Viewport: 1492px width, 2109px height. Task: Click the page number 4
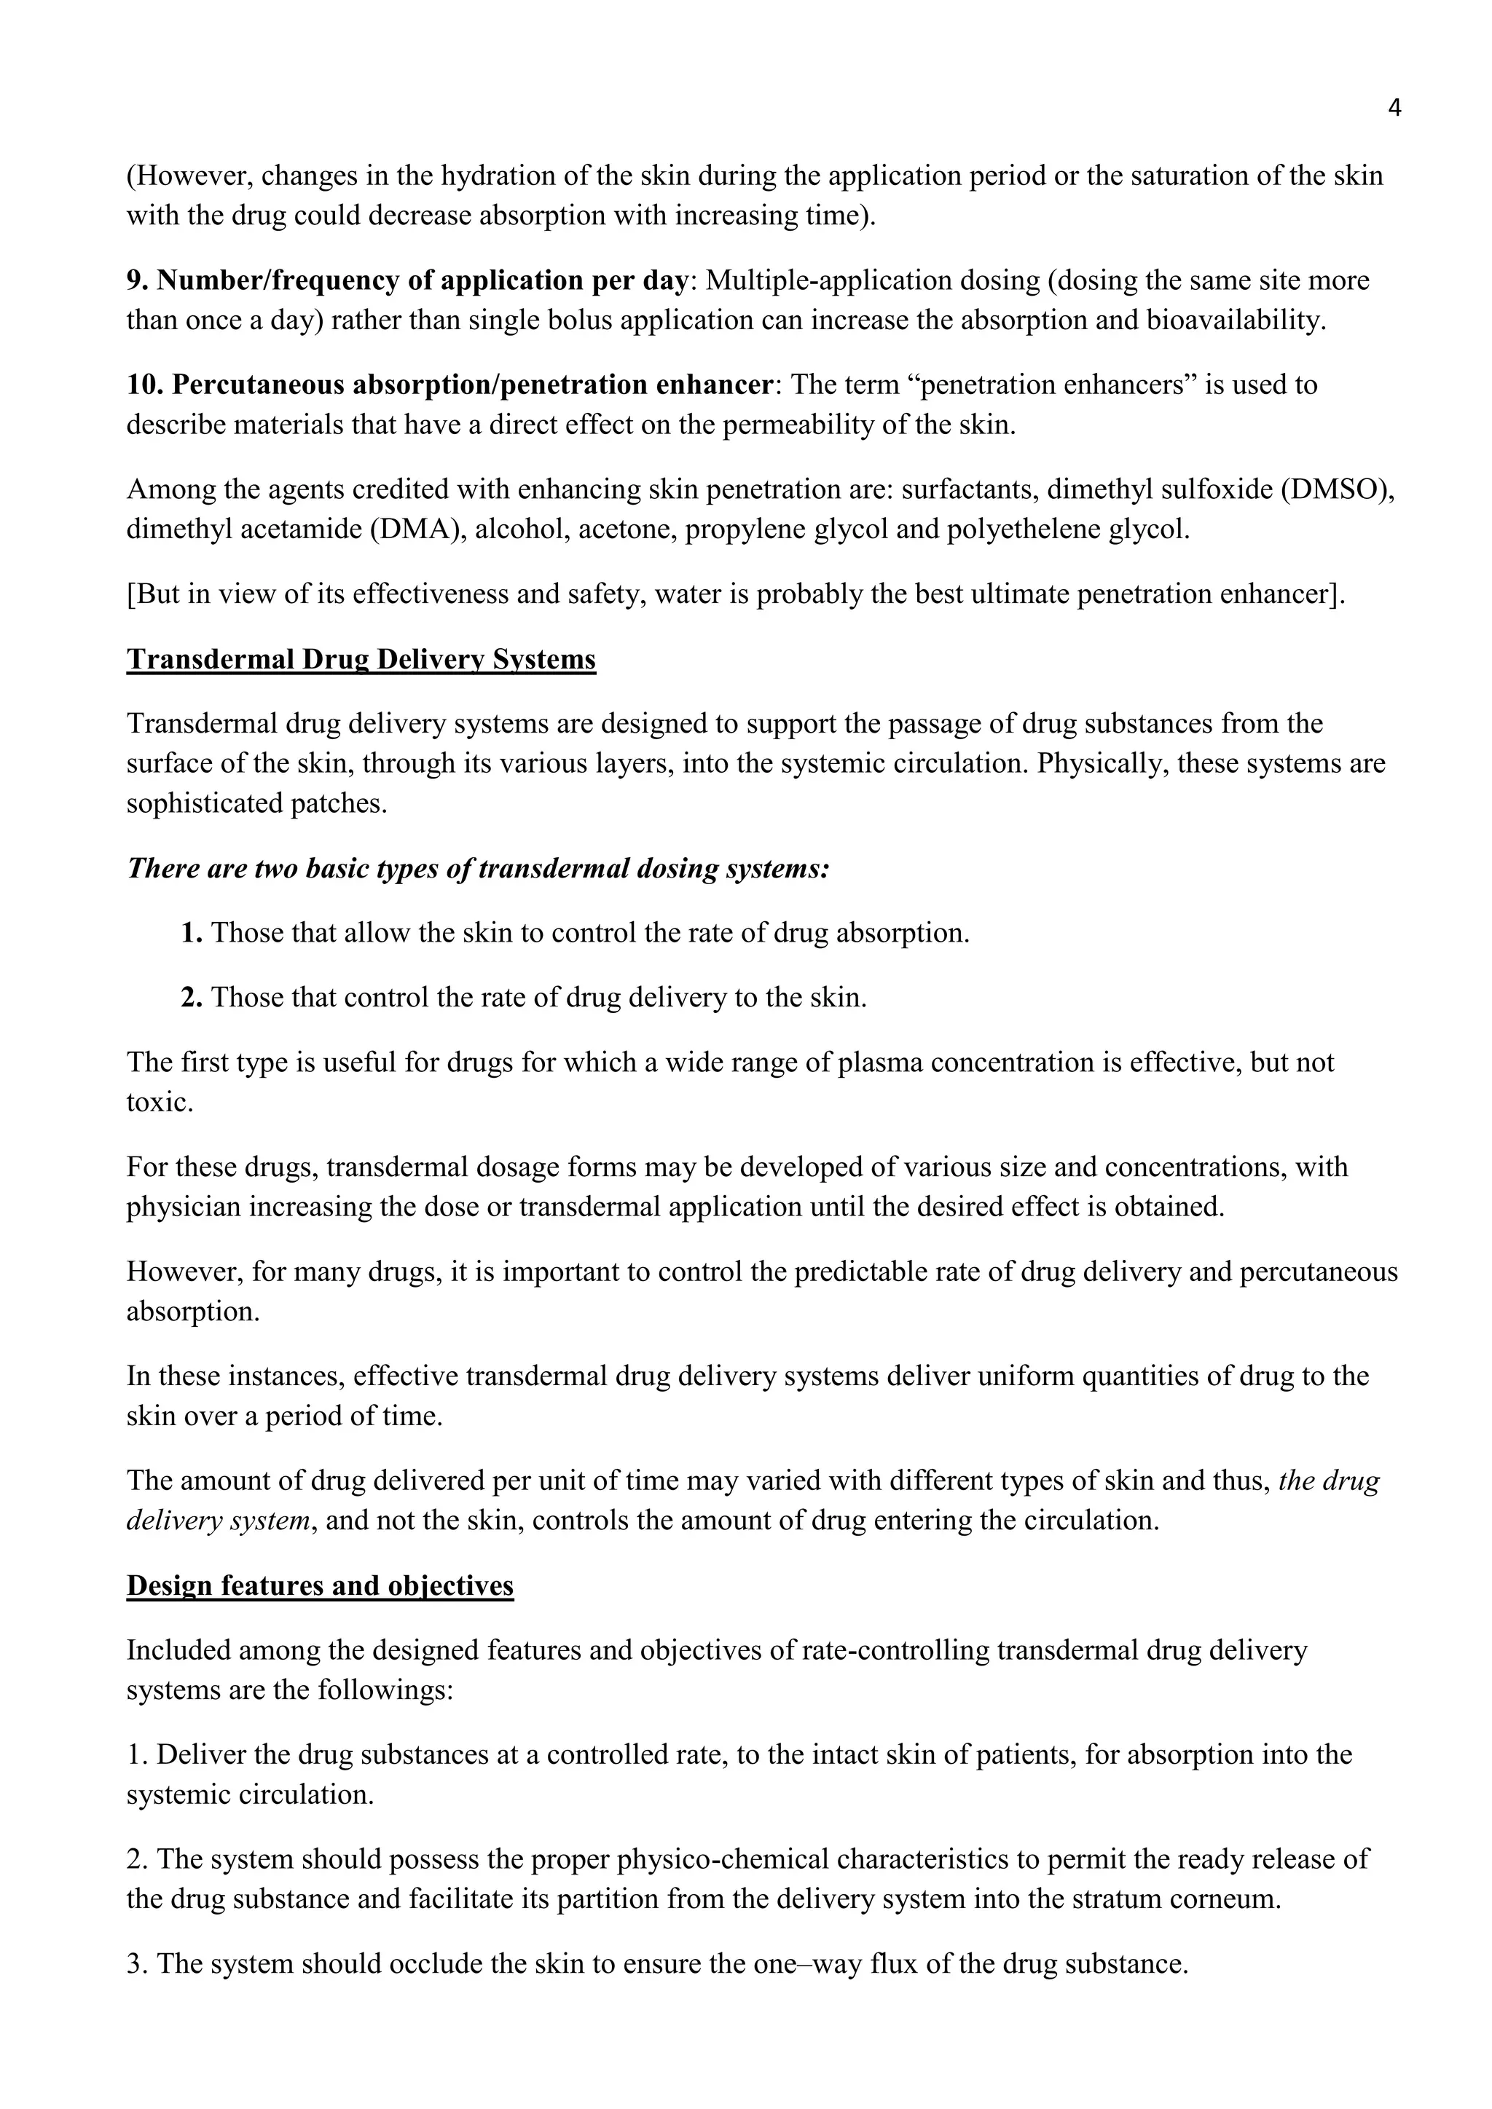1394,109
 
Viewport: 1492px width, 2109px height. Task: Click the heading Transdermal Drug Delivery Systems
361,660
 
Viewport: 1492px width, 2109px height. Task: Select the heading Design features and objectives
320,1585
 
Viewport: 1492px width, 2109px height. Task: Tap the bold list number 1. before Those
191,934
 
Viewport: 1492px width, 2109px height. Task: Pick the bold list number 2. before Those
191,998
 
